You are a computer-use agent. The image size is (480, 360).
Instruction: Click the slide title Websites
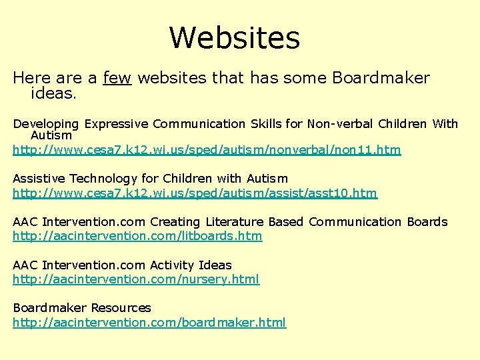click(235, 38)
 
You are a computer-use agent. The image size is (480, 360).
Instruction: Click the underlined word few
click(117, 78)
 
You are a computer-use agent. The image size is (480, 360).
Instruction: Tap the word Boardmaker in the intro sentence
click(381, 78)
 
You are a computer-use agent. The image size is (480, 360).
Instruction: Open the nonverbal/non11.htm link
click(207, 150)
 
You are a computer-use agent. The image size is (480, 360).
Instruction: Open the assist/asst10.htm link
click(195, 193)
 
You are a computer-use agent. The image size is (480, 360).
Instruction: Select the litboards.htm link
click(137, 236)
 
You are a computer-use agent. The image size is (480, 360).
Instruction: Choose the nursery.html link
click(136, 279)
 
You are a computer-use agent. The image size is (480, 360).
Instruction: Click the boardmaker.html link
click(149, 323)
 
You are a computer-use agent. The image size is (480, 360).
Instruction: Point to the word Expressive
click(115, 124)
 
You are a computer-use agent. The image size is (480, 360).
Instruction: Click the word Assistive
click(39, 179)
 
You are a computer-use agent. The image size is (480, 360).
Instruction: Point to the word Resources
click(121, 308)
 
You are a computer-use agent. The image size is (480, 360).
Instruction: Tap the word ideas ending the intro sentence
click(53, 94)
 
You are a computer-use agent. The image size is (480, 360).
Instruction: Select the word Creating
click(175, 222)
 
